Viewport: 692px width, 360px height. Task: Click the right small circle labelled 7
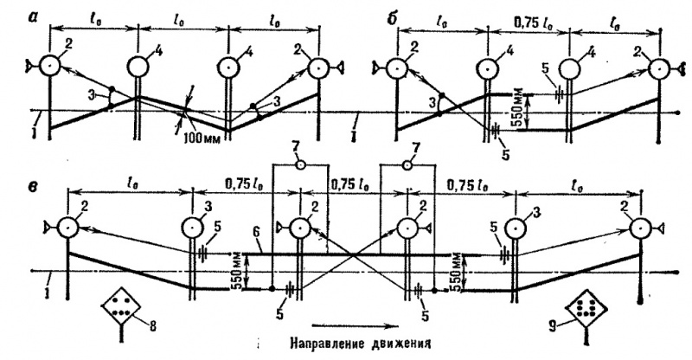click(x=407, y=165)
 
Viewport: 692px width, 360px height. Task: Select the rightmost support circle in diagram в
click(x=640, y=228)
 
